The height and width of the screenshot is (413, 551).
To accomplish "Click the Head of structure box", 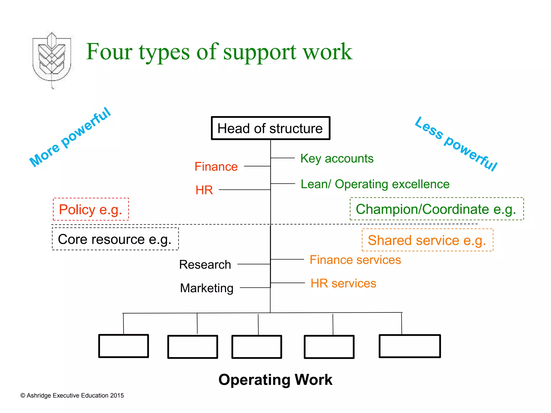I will tap(270, 128).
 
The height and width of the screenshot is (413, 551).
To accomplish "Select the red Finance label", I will tap(216, 167).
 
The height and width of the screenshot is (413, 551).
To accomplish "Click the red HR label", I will tap(204, 190).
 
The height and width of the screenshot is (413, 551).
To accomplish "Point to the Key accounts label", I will tap(337, 158).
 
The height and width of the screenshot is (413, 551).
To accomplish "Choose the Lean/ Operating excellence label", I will tap(375, 184).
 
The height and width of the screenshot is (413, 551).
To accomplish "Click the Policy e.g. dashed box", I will tap(91, 209).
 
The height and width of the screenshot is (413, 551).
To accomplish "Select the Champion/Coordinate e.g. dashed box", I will tap(436, 209).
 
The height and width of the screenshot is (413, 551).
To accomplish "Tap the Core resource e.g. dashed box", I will tap(115, 239).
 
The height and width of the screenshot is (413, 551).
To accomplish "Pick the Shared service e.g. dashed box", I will tap(427, 240).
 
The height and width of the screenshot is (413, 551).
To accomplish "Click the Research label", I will tap(205, 265).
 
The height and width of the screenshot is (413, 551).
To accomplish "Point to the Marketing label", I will tap(207, 288).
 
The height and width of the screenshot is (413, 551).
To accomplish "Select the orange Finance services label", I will tap(355, 260).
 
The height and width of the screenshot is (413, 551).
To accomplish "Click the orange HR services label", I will tap(343, 283).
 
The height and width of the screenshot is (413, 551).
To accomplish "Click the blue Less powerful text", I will tap(456, 144).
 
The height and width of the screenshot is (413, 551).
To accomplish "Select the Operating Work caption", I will tap(275, 380).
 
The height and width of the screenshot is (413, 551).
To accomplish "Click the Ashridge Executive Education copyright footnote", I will tap(72, 396).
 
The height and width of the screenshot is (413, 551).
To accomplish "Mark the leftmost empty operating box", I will tap(123, 346).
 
